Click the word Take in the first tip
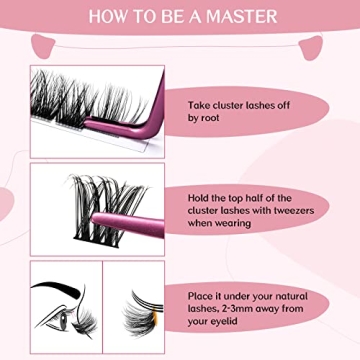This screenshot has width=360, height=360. click(200, 101)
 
